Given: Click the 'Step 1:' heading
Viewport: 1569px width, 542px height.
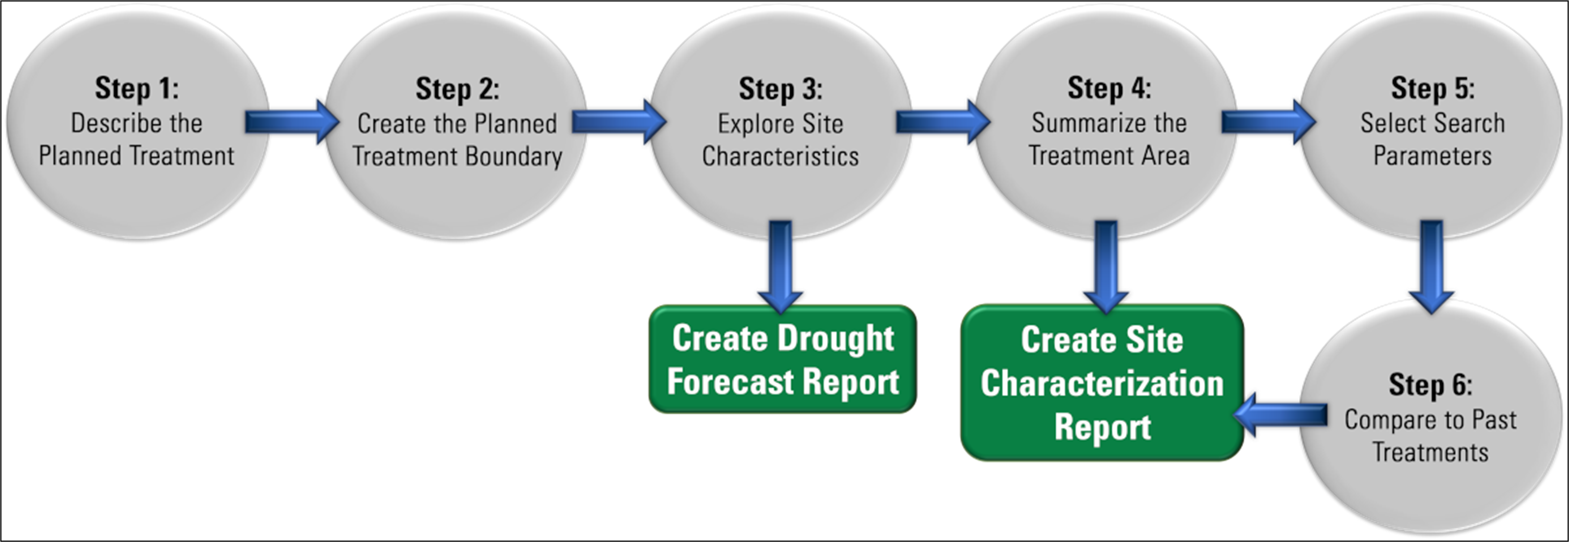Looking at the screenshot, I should (137, 89).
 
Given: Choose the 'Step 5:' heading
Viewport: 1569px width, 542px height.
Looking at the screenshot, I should (1432, 89).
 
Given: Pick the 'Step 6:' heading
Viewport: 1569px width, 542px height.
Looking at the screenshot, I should (1430, 385).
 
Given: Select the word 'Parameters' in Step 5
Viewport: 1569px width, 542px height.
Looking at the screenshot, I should (1432, 156).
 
